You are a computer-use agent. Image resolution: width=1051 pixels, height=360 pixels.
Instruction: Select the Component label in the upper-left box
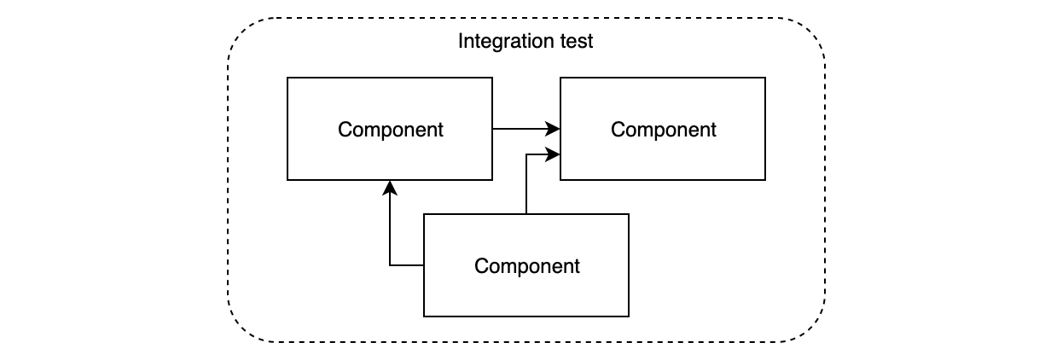(390, 130)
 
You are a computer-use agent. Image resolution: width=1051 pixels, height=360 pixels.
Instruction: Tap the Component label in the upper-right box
(663, 130)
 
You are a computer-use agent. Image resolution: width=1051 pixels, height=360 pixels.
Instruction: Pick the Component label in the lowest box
(526, 266)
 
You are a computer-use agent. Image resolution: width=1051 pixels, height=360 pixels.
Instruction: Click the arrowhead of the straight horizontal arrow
(554, 129)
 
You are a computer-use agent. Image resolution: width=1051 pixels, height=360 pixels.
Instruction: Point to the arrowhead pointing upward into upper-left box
(390, 187)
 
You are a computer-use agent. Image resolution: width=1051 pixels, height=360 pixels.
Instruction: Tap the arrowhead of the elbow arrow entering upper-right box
(554, 154)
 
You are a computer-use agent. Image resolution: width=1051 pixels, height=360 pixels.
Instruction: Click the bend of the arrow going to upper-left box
(390, 265)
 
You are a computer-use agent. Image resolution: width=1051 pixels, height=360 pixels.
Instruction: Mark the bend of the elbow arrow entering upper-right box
(526, 154)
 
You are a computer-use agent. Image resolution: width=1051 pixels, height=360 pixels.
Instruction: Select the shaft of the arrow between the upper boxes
(520, 129)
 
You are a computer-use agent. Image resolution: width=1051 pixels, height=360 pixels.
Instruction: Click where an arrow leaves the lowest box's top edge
(526, 214)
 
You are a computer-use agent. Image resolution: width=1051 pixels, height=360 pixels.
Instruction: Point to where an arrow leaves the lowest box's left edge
(424, 265)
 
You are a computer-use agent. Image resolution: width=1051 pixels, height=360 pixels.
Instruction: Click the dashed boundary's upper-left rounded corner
(243, 32)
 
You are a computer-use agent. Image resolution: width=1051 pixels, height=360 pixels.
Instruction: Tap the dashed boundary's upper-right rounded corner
(810, 32)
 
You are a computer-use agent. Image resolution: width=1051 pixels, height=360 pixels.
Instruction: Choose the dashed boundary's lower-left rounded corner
(243, 328)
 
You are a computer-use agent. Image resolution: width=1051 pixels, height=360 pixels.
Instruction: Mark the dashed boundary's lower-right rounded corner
(810, 328)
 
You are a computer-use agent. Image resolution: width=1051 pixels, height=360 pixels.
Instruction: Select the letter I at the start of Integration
(461, 42)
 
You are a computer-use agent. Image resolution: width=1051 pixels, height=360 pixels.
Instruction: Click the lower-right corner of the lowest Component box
(629, 316)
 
